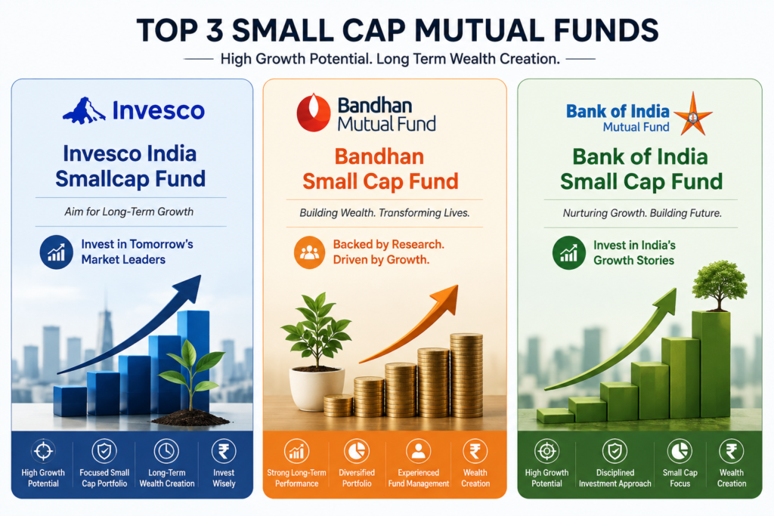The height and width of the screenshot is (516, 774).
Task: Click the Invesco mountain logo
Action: pos(83,110)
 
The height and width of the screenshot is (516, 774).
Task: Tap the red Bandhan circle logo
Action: pos(314,113)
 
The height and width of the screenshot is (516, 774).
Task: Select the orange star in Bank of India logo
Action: pos(693,114)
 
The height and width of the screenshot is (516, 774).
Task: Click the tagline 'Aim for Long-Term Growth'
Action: pos(128,212)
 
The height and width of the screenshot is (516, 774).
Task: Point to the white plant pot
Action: pos(317,388)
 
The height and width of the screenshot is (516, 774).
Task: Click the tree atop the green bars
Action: pos(720,286)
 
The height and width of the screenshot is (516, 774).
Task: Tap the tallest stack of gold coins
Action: pos(466,375)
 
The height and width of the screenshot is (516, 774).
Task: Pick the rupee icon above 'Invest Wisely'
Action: pos(224,451)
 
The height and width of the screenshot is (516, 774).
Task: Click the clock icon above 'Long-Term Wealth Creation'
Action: pos(166,451)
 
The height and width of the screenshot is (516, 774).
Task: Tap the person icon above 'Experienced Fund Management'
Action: pos(418,451)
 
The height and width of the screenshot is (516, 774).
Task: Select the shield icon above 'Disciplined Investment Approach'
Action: pos(615,451)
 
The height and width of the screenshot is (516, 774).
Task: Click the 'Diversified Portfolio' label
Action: pos(357,478)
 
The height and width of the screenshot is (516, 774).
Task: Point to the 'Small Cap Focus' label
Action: pos(680,478)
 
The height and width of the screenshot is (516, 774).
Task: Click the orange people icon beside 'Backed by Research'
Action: pos(309,252)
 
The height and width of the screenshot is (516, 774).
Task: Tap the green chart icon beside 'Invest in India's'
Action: pos(568,252)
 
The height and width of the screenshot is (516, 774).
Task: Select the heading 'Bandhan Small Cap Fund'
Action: pos(380,169)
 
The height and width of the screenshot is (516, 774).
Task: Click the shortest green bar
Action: pos(555,416)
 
